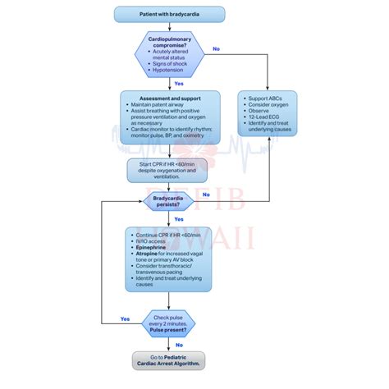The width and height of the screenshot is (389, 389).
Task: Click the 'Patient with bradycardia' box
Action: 169,14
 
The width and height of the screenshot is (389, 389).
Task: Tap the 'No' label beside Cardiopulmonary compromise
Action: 216,48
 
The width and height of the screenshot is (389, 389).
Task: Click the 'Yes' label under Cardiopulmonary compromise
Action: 179,84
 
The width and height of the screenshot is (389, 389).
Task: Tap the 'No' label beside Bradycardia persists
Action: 206,194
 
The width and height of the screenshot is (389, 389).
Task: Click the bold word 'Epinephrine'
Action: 149,247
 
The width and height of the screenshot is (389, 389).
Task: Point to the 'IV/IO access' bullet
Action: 151,240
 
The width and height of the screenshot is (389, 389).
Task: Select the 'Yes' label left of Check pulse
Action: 125,319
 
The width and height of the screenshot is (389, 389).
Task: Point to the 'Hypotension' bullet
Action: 171,71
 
